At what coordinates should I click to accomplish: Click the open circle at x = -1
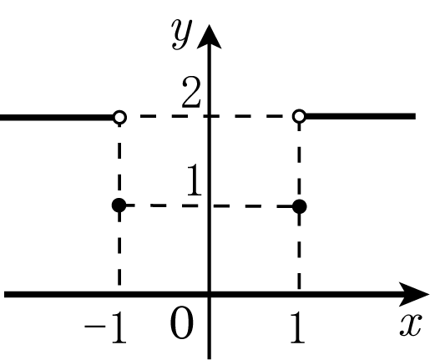pyautogui.click(x=119, y=117)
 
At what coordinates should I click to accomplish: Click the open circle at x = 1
pyautogui.click(x=300, y=116)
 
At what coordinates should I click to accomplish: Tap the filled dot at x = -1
pyautogui.click(x=119, y=205)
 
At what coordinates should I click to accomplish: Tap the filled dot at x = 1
pyautogui.click(x=300, y=206)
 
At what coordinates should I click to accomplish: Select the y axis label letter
pyautogui.click(x=182, y=34)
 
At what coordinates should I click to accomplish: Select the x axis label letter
pyautogui.click(x=411, y=325)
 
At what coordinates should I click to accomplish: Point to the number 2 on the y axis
pyautogui.click(x=191, y=93)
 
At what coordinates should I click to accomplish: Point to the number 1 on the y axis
pyautogui.click(x=195, y=180)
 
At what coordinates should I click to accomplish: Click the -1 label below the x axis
pyautogui.click(x=105, y=327)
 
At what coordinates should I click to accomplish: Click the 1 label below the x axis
pyautogui.click(x=297, y=327)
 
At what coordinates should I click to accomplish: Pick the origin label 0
pyautogui.click(x=181, y=323)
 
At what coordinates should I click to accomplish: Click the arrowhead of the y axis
pyautogui.click(x=209, y=37)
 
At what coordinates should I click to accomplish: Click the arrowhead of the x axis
pyautogui.click(x=414, y=294)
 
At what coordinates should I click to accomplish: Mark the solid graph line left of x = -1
pyautogui.click(x=57, y=118)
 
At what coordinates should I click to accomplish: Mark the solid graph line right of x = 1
pyautogui.click(x=361, y=116)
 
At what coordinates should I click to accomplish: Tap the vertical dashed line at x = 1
pyautogui.click(x=299, y=206)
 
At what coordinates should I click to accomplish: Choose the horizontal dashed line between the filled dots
pyautogui.click(x=210, y=206)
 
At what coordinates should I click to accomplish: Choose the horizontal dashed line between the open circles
pyautogui.click(x=210, y=116)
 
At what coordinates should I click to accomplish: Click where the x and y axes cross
pyautogui.click(x=210, y=294)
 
